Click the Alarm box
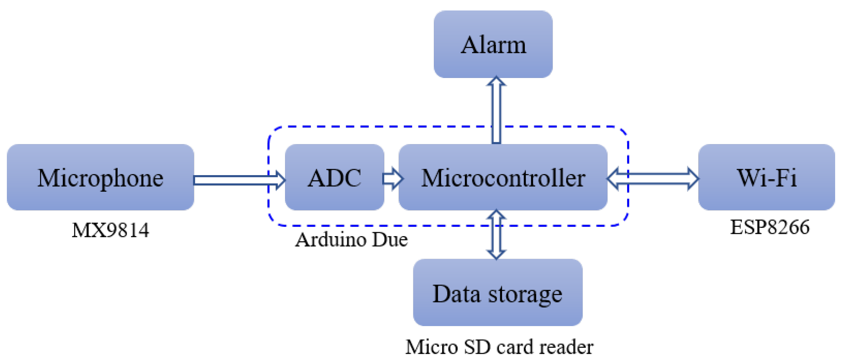click(x=493, y=44)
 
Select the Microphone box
click(x=100, y=177)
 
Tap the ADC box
click(x=334, y=177)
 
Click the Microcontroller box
click(x=503, y=177)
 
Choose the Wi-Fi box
click(x=766, y=177)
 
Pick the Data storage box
click(x=497, y=292)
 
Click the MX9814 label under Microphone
click(x=110, y=230)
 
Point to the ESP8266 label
click(x=770, y=227)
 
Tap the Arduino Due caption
click(x=351, y=240)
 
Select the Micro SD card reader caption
click(x=499, y=347)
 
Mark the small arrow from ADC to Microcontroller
click(x=392, y=178)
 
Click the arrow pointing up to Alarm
click(x=496, y=110)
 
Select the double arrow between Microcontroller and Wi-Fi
click(x=653, y=178)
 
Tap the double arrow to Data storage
click(x=496, y=235)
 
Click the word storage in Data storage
click(x=525, y=294)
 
